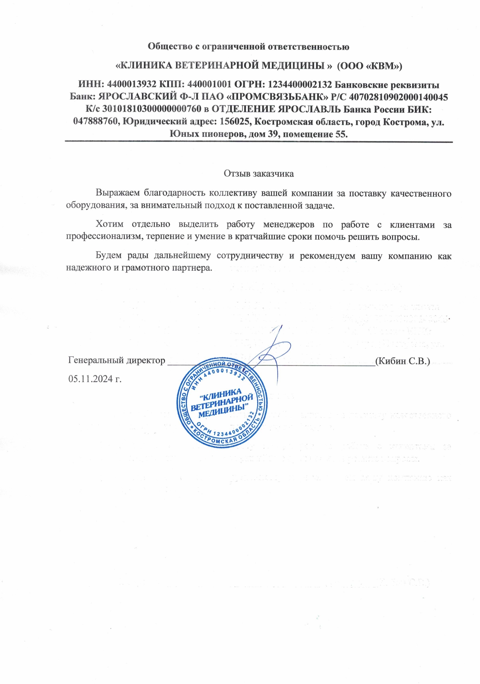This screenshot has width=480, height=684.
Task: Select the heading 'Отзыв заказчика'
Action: click(x=259, y=174)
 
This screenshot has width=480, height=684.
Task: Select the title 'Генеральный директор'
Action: click(x=117, y=361)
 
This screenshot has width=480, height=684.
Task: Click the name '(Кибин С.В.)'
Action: click(x=403, y=361)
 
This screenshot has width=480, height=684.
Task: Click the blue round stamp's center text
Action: click(x=222, y=403)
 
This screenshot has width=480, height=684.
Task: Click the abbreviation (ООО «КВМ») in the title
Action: click(x=370, y=66)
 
